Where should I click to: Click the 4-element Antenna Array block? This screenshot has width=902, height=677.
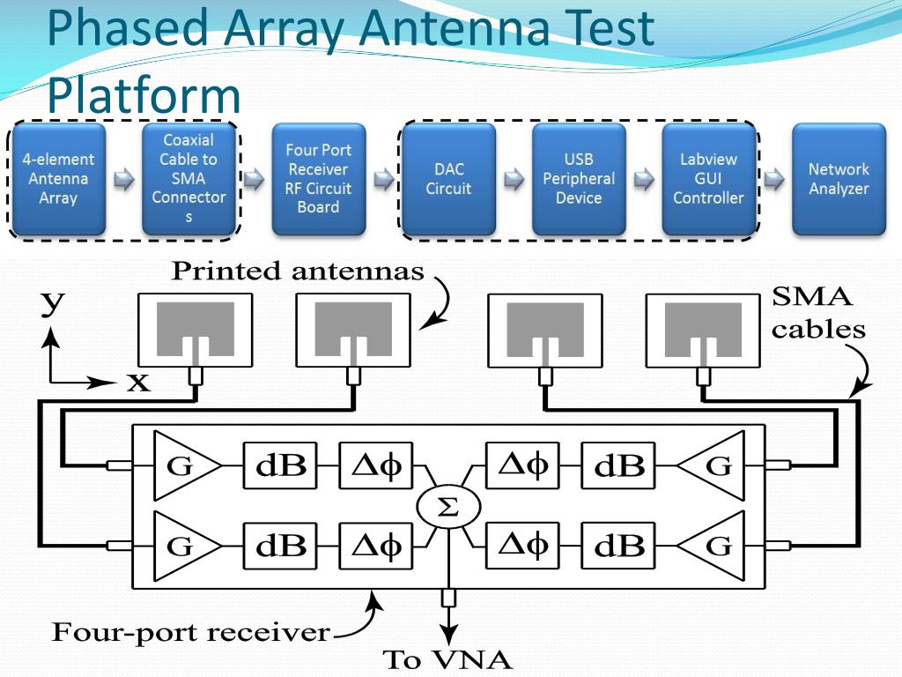58,179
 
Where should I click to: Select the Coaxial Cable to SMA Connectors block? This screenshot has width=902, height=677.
188,179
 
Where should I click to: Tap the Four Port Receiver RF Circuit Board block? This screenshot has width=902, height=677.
318,179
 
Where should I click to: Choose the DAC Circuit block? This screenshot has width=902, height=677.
448,179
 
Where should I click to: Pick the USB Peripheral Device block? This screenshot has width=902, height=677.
579,179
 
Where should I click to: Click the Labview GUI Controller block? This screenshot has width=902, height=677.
709,179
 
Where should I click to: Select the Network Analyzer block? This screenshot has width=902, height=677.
839,179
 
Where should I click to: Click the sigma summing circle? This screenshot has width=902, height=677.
448,507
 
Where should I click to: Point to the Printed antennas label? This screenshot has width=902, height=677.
298,272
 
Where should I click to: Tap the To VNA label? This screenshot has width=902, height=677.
447,659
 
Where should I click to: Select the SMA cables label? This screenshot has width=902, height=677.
818,313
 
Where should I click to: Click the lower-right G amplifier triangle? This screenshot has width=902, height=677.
713,546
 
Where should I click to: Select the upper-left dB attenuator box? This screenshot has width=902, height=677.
280,465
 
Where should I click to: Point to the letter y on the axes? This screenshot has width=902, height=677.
53,304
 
